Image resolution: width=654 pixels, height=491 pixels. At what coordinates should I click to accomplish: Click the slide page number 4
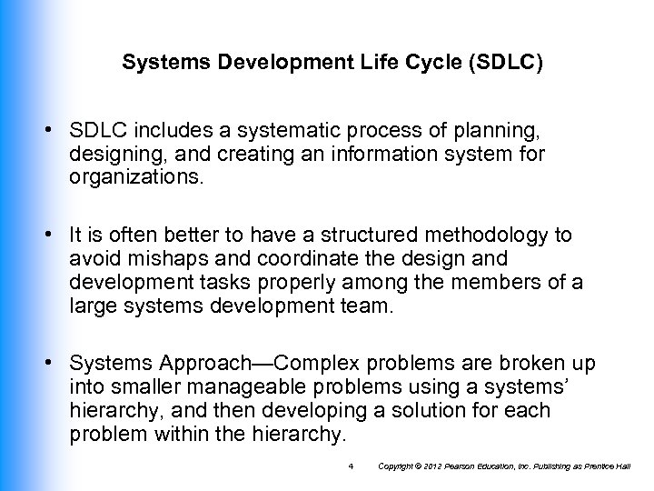pos(351,467)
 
